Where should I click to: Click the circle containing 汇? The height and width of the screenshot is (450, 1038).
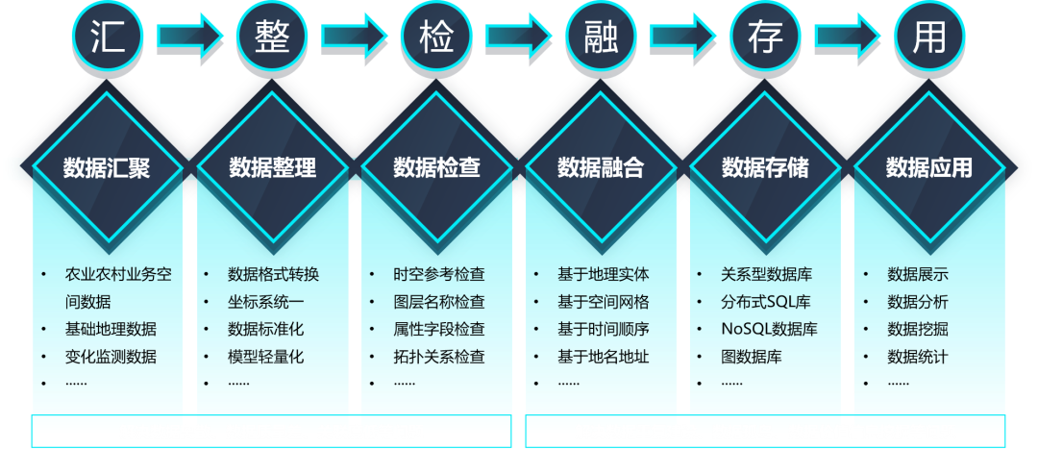pos(108,36)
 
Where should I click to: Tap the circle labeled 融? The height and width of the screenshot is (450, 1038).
pos(601,36)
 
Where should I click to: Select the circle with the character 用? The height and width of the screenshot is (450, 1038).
pos(929,36)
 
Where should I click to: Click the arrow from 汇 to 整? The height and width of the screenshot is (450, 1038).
pos(189,36)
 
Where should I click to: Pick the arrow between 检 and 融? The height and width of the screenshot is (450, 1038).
pos(518,36)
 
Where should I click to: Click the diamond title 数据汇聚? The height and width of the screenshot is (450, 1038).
pos(107,167)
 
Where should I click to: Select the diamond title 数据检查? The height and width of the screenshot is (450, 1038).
pos(436,167)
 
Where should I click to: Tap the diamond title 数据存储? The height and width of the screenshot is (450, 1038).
pos(765,167)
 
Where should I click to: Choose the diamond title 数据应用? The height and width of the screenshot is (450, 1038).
pos(929,167)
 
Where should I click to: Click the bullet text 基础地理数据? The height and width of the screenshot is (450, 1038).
pos(111,329)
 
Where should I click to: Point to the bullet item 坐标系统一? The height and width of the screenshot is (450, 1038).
pos(266,302)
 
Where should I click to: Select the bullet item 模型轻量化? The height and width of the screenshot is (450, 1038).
pos(266,357)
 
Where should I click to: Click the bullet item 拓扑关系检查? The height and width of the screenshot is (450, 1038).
pos(439,357)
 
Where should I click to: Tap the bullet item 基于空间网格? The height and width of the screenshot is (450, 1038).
pos(603,302)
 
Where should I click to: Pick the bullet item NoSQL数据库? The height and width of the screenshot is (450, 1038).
pos(769,329)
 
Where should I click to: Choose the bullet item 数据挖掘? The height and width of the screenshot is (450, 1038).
pos(918,329)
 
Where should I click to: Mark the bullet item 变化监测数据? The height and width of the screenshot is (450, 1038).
pos(111,357)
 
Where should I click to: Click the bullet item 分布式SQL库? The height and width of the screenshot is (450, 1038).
pos(766,302)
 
